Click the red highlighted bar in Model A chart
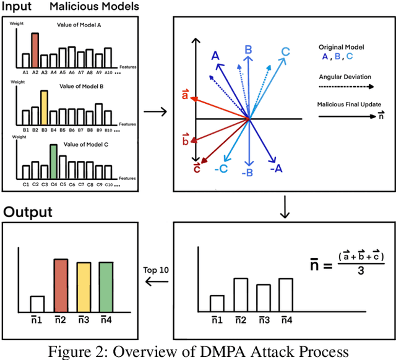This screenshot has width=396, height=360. pos(35,50)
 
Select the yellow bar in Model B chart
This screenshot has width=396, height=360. pos(44,108)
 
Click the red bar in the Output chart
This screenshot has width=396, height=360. pos(61,285)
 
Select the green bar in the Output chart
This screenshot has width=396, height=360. pos(106,287)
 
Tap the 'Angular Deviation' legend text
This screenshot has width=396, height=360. pos(345,77)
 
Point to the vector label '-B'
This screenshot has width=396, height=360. pos(247,173)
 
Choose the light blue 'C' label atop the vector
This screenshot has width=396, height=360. pos(286,52)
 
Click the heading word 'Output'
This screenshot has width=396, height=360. pos(28,212)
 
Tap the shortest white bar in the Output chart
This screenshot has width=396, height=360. pos(37,303)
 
